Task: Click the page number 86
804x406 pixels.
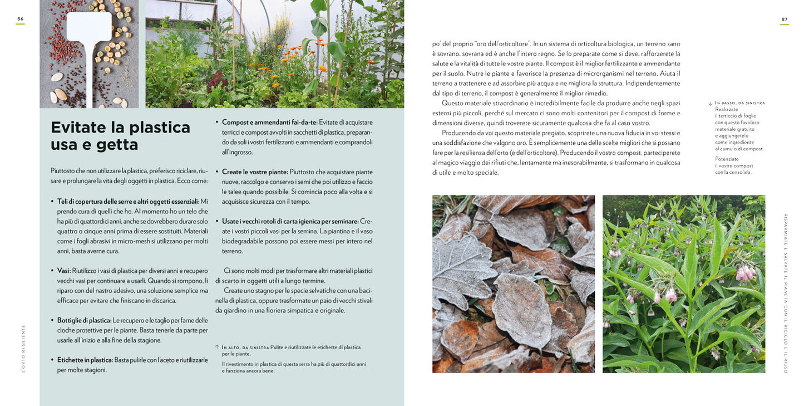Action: pyautogui.click(x=20, y=19)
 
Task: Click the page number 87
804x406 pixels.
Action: pyautogui.click(x=785, y=19)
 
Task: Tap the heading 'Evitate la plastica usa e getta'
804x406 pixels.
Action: pyautogui.click(x=120, y=136)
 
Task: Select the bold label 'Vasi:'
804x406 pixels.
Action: pyautogui.click(x=64, y=271)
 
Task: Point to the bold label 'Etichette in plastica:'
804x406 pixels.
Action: pyautogui.click(x=85, y=360)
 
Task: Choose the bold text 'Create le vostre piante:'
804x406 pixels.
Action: pyautogui.click(x=255, y=172)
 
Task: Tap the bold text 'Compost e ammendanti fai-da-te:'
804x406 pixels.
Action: pyautogui.click(x=270, y=122)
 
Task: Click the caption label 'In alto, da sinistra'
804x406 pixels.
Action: pyautogui.click(x=245, y=347)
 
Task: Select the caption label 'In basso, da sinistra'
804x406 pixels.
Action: pyautogui.click(x=740, y=103)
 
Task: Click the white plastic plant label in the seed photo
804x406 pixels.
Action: pyautogui.click(x=89, y=28)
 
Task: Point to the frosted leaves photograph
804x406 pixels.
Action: pyautogui.click(x=513, y=283)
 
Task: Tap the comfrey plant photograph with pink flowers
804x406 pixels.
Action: pyautogui.click(x=683, y=283)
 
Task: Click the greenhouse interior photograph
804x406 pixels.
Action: pyautogui.click(x=274, y=53)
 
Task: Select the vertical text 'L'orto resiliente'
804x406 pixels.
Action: pyautogui.click(x=23, y=348)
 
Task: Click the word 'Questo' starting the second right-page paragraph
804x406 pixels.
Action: pyautogui.click(x=453, y=102)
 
